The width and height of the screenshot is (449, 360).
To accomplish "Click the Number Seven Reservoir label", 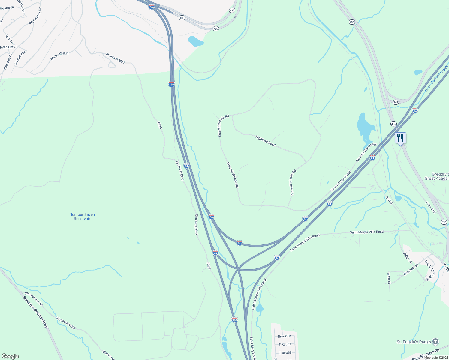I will click(82, 217).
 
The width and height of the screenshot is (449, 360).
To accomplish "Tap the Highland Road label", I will click(265, 141).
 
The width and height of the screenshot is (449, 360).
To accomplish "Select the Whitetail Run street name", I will click(59, 56).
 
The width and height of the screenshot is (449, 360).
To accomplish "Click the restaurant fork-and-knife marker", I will click(400, 138).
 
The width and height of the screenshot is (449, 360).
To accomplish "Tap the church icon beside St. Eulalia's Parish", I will click(435, 342).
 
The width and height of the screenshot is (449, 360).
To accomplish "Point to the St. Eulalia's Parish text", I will click(414, 342).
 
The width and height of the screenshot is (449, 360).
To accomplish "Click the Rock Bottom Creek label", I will click(436, 79).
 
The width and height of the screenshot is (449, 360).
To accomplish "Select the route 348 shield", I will click(396, 102).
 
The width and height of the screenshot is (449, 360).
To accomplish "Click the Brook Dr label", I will click(284, 336).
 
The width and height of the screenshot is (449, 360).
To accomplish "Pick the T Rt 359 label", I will click(285, 353).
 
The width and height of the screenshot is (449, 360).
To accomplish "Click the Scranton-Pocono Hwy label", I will click(35, 312).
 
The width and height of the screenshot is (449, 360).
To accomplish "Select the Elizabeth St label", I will click(411, 270).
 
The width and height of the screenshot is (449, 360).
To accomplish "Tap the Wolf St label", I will click(430, 277).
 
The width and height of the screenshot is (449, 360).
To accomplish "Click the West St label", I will click(389, 278).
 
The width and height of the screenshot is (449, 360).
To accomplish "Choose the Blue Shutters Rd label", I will click(426, 354).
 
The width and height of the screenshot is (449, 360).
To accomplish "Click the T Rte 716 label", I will click(430, 207).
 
